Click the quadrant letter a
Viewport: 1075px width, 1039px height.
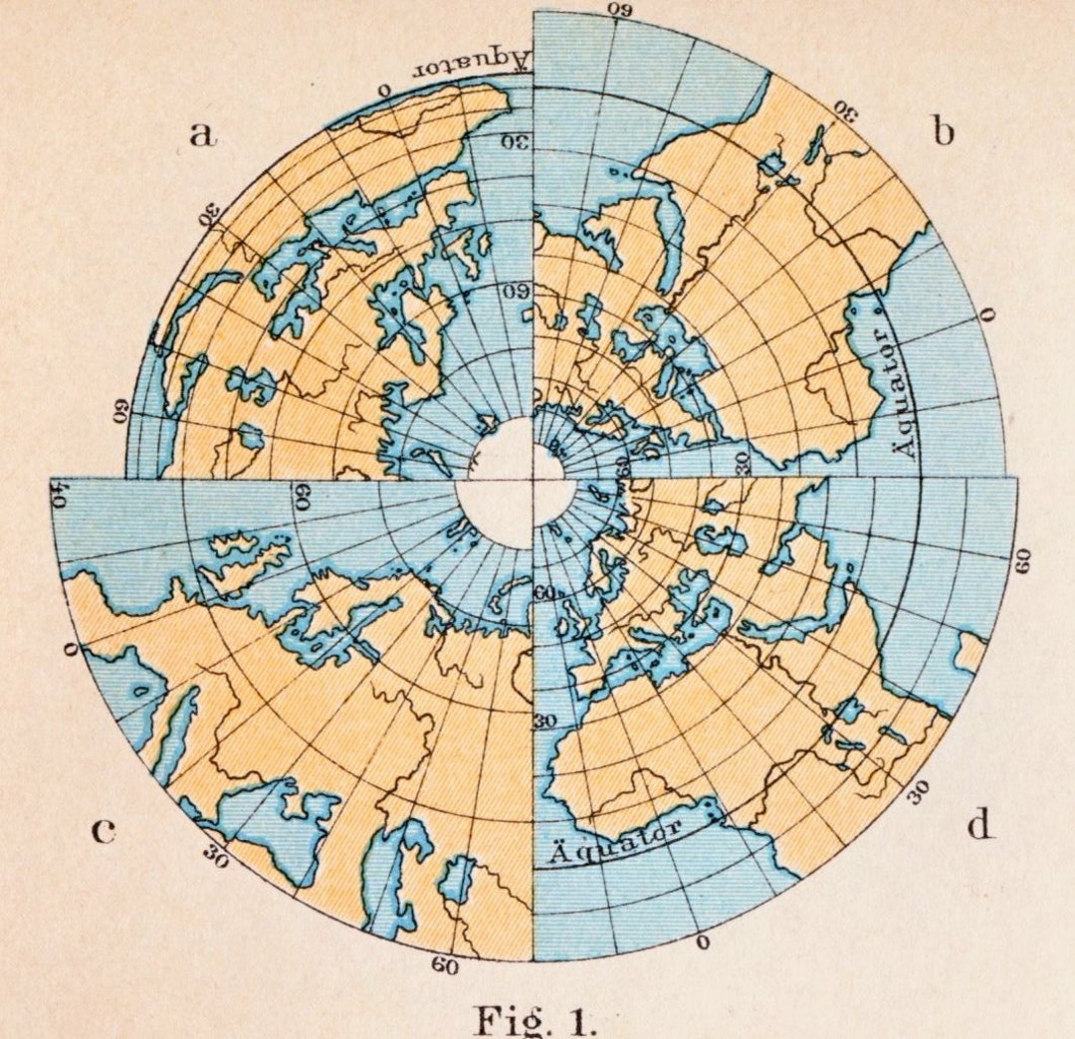(x=203, y=133)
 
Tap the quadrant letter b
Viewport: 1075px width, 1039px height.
(x=942, y=130)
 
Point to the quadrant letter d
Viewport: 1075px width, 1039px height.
(x=980, y=825)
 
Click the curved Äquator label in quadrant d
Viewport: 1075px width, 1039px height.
(x=614, y=842)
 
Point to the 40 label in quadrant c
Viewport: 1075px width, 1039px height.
(x=58, y=495)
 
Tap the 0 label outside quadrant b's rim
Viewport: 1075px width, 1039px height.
(x=987, y=315)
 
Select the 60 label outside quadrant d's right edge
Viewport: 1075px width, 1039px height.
(x=1021, y=560)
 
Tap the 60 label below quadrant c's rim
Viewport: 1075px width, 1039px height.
(x=445, y=965)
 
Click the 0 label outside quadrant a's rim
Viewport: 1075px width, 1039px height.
(x=385, y=90)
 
